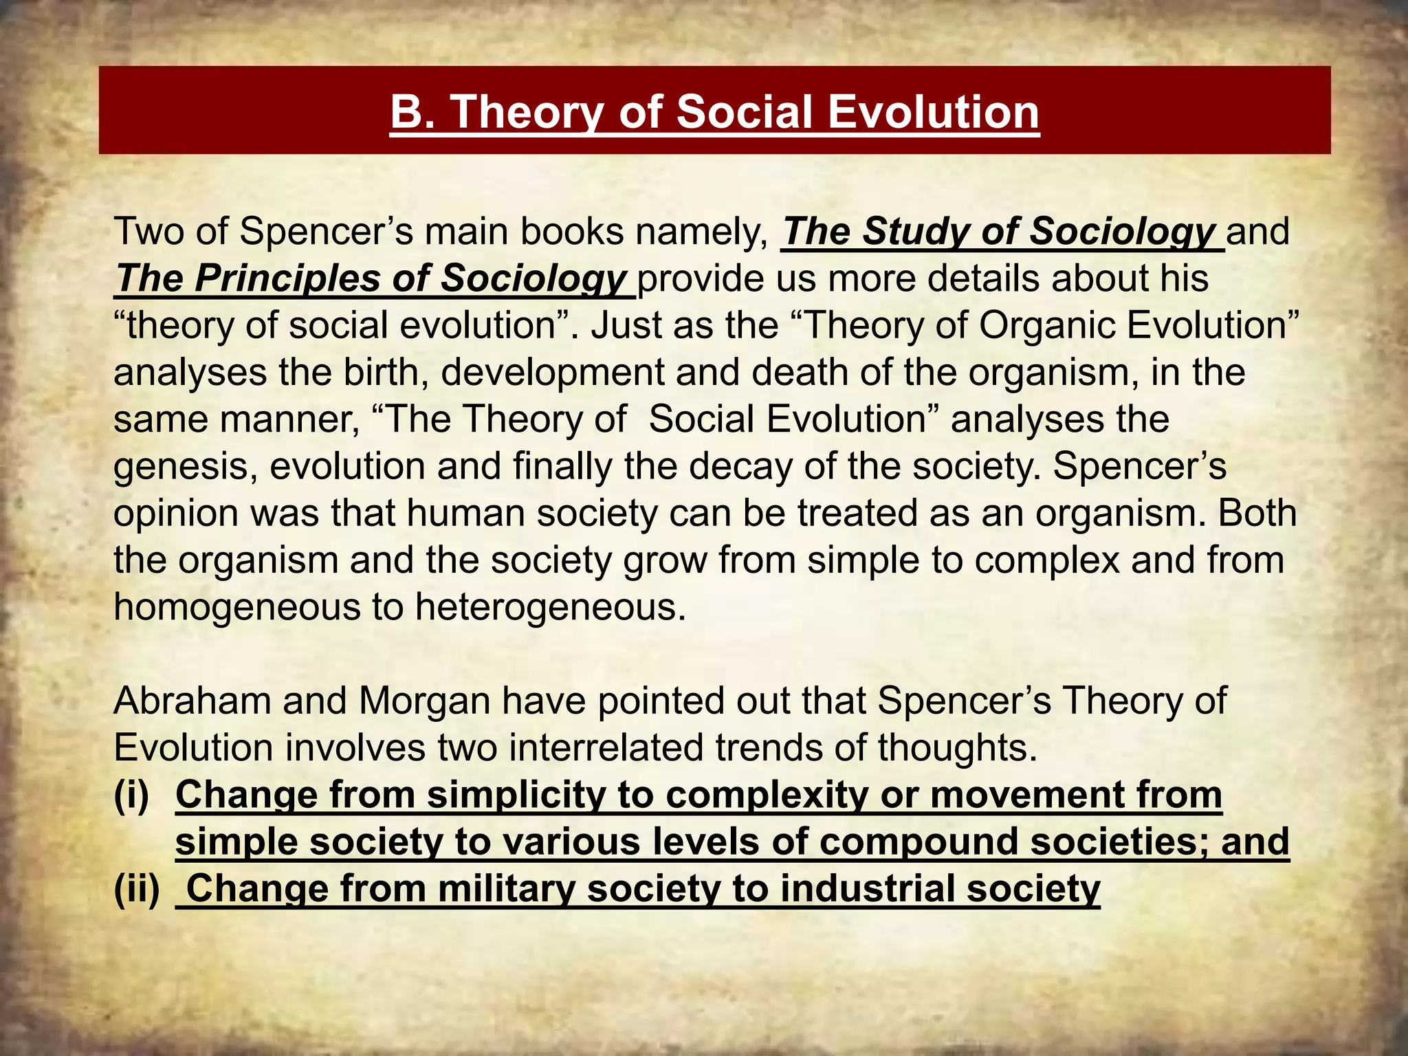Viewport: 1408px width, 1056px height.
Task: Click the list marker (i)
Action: (x=131, y=795)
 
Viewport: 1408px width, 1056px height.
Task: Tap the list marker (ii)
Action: (x=136, y=889)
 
